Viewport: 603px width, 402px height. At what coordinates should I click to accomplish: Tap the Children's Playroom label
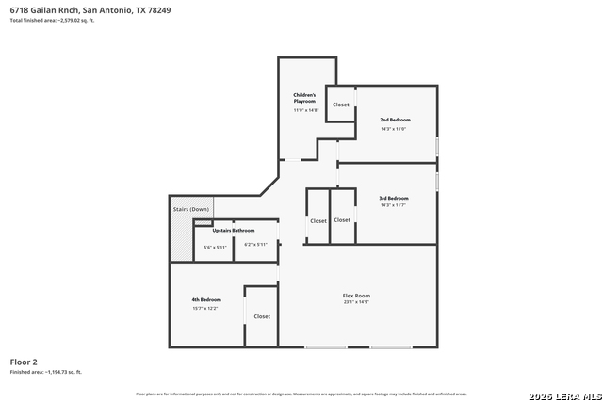pyautogui.click(x=304, y=98)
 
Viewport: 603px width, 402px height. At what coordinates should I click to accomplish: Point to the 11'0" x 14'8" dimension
pyautogui.click(x=306, y=110)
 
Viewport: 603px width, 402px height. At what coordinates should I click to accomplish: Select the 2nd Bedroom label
pyautogui.click(x=395, y=120)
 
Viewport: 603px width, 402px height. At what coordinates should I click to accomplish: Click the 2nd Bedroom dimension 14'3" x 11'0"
pyautogui.click(x=393, y=129)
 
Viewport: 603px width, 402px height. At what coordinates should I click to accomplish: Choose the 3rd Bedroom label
pyautogui.click(x=394, y=198)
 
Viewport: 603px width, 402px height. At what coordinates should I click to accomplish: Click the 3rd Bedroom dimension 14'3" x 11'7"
pyautogui.click(x=393, y=207)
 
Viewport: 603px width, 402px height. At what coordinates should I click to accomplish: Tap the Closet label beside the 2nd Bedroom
pyautogui.click(x=341, y=105)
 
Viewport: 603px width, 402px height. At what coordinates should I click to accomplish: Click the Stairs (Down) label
pyautogui.click(x=191, y=209)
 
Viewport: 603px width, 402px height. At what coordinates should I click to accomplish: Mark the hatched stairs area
pyautogui.click(x=181, y=240)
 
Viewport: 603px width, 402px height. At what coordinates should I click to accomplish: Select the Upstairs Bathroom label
pyautogui.click(x=233, y=230)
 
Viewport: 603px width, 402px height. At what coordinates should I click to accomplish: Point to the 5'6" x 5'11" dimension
pyautogui.click(x=215, y=247)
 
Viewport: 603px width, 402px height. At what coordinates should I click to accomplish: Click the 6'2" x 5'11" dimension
pyautogui.click(x=255, y=245)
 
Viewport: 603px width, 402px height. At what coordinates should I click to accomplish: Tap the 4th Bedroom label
pyautogui.click(x=206, y=299)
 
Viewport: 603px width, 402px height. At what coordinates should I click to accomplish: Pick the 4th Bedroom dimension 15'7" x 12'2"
pyautogui.click(x=205, y=308)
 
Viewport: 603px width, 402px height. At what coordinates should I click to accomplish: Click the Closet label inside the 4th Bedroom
pyautogui.click(x=262, y=316)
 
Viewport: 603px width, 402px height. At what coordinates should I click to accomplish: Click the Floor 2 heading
pyautogui.click(x=24, y=362)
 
